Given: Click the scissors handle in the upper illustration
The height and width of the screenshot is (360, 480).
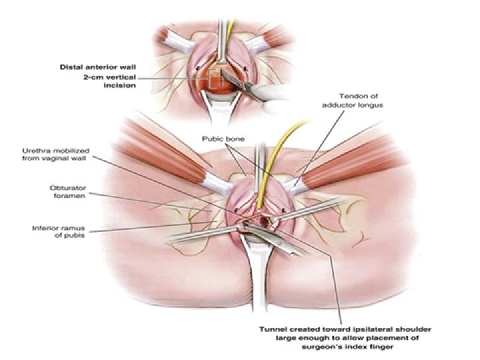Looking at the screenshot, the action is [x=263, y=93].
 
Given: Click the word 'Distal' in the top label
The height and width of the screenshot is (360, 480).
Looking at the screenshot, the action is [x=72, y=67].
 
